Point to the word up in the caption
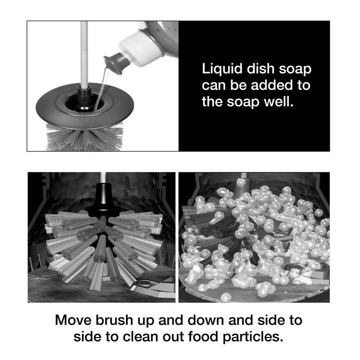151,322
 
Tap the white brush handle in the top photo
83,49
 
